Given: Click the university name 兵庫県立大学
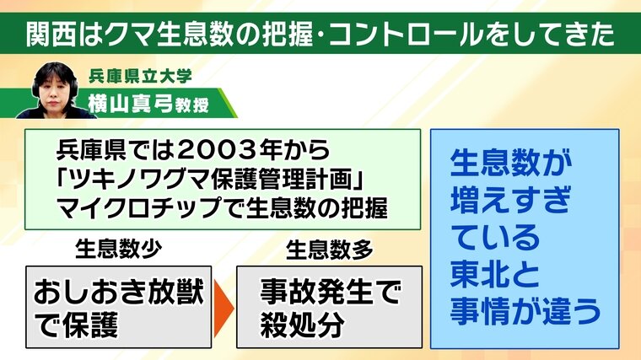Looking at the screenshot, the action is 140,77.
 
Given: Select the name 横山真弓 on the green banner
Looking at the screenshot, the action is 131,105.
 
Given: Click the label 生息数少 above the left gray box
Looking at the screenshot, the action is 119,250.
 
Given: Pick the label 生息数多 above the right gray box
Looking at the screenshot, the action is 330,250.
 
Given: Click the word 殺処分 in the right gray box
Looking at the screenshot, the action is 302,325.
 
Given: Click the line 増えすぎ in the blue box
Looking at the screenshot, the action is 510,200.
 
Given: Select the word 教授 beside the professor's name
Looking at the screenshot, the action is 192,105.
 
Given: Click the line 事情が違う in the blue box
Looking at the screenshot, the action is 525,311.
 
